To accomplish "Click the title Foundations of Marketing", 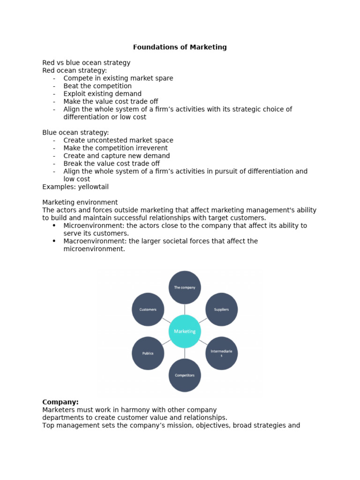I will pos(180,47).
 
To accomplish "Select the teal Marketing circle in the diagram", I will pos(185,331).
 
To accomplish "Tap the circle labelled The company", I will pos(185,287).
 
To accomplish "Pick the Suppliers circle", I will pos(221,309).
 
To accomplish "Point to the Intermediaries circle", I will pos(221,353).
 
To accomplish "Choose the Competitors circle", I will pos(185,375).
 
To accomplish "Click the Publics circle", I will pos(148,353).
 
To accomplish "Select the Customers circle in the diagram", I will pos(148,309).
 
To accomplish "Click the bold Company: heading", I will pos(60,402).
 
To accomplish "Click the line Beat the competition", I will pos(97,86).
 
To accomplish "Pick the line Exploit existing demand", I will pos(102,94).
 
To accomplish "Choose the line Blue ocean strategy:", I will pos(75,133).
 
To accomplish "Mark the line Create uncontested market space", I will pos(118,140).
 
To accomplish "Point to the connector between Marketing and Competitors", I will pos(185,353).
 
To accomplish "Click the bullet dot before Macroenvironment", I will pos(54,241).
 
